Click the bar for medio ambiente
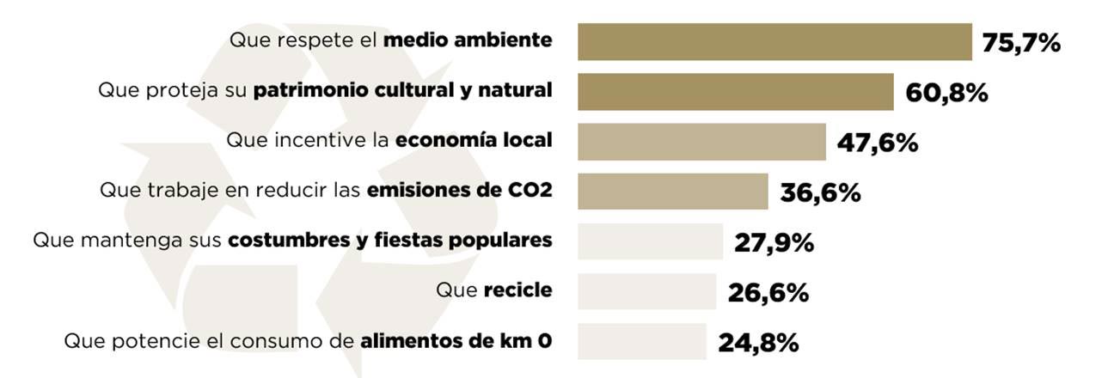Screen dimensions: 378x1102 pos(774,42)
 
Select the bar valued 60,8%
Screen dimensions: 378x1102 pos(736,92)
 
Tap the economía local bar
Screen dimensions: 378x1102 pos(701,142)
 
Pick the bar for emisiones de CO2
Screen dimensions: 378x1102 pos(672,192)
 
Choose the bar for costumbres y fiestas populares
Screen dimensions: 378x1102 pos(650,241)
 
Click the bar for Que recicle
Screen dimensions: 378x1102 pos(646,291)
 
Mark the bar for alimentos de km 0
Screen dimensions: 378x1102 pos(641,341)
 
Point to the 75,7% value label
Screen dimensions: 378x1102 pos(1021,43)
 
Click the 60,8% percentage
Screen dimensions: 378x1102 pos(946,93)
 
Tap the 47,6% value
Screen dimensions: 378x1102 pos(878,143)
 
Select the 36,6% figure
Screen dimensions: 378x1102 pos(820,192)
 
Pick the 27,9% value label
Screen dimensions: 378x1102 pos(774,243)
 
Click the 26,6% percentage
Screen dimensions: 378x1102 pos(768,293)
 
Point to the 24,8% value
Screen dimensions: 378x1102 pos(758,343)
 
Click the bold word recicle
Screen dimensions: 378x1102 pos(517,290)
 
